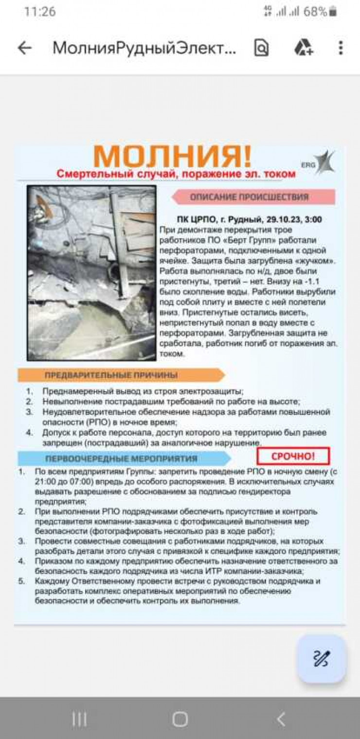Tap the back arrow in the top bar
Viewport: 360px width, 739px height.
point(25,48)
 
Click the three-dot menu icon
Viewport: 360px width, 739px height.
point(341,48)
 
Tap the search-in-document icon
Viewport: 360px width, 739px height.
point(261,48)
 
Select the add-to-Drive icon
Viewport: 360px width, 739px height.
point(304,48)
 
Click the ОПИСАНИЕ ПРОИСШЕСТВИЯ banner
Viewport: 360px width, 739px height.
point(250,197)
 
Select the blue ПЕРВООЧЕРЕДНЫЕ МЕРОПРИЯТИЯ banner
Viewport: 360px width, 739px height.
point(122,458)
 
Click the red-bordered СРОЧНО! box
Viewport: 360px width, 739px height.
point(293,456)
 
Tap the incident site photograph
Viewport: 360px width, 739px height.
point(91,272)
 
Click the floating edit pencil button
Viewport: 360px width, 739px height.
point(322,659)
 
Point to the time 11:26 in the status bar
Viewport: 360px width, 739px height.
point(40,11)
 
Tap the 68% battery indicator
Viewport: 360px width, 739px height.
point(320,11)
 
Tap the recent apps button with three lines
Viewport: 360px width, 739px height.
point(79,719)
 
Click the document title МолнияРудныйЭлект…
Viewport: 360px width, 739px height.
point(144,48)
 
